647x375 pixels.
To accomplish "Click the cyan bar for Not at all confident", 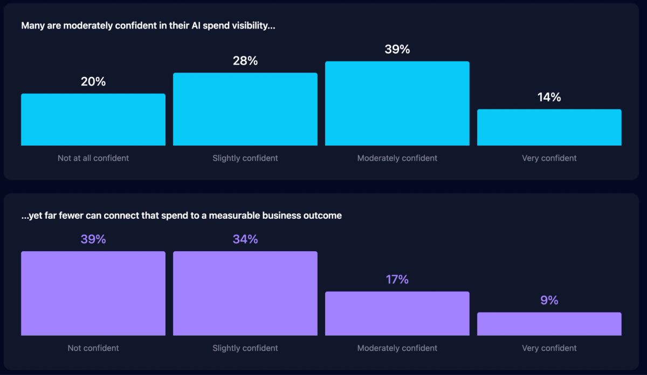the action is tap(93, 120).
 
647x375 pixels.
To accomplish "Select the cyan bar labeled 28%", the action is tap(245, 109).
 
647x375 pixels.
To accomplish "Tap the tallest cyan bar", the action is tap(397, 103).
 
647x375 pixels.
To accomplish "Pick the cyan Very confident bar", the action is tap(549, 127).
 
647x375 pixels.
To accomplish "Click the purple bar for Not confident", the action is tap(93, 293).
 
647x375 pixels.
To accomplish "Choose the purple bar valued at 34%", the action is tap(245, 293).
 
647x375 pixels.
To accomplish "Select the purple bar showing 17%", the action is tap(397, 314).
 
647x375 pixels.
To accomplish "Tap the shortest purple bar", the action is tap(549, 324).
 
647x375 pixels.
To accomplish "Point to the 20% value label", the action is tap(93, 82).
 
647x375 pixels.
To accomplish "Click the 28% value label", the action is tap(245, 61).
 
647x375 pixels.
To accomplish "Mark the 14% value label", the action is tap(549, 98).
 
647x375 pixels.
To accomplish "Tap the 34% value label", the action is tap(245, 239).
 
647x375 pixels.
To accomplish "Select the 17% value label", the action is tap(397, 280).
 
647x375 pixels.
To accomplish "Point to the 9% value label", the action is tap(549, 301).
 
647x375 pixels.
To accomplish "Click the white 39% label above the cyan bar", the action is tap(397, 50).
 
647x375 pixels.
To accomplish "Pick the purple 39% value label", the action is tap(93, 239).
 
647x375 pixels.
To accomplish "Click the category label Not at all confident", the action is tap(93, 158).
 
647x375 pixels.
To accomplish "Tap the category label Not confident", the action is tap(93, 348).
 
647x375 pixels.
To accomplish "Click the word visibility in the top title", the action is tap(253, 26).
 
